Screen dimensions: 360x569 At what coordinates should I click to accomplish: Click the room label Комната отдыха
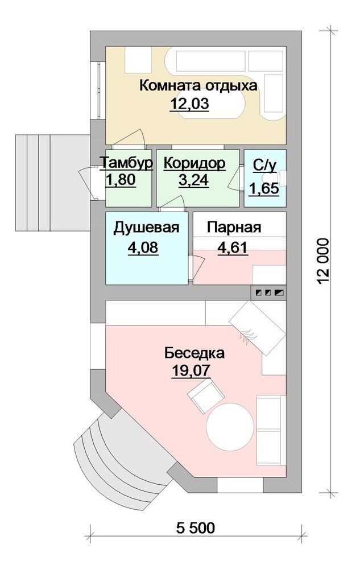coord(198,86)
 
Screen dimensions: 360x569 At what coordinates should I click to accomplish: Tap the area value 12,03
coord(189,105)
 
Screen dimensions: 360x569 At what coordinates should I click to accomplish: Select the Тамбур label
coord(126,163)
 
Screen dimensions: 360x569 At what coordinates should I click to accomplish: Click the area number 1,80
coord(121,180)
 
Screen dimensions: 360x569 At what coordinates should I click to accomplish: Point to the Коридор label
coord(195,163)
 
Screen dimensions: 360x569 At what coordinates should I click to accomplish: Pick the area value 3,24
coord(193,180)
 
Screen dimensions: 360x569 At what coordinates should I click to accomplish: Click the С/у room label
coord(264,165)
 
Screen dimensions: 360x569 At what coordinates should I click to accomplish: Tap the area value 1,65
coord(264,189)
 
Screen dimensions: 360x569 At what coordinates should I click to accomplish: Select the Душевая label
coord(147,228)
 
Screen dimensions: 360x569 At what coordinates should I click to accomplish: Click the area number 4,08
coord(143,248)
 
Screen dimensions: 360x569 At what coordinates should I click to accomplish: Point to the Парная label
coord(234,228)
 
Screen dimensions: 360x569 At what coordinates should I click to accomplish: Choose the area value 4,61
coord(233,248)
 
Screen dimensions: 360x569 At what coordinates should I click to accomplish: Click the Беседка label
coord(195,353)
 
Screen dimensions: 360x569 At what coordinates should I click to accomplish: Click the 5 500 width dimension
coord(196,527)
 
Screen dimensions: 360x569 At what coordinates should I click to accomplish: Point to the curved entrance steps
coord(119,457)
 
